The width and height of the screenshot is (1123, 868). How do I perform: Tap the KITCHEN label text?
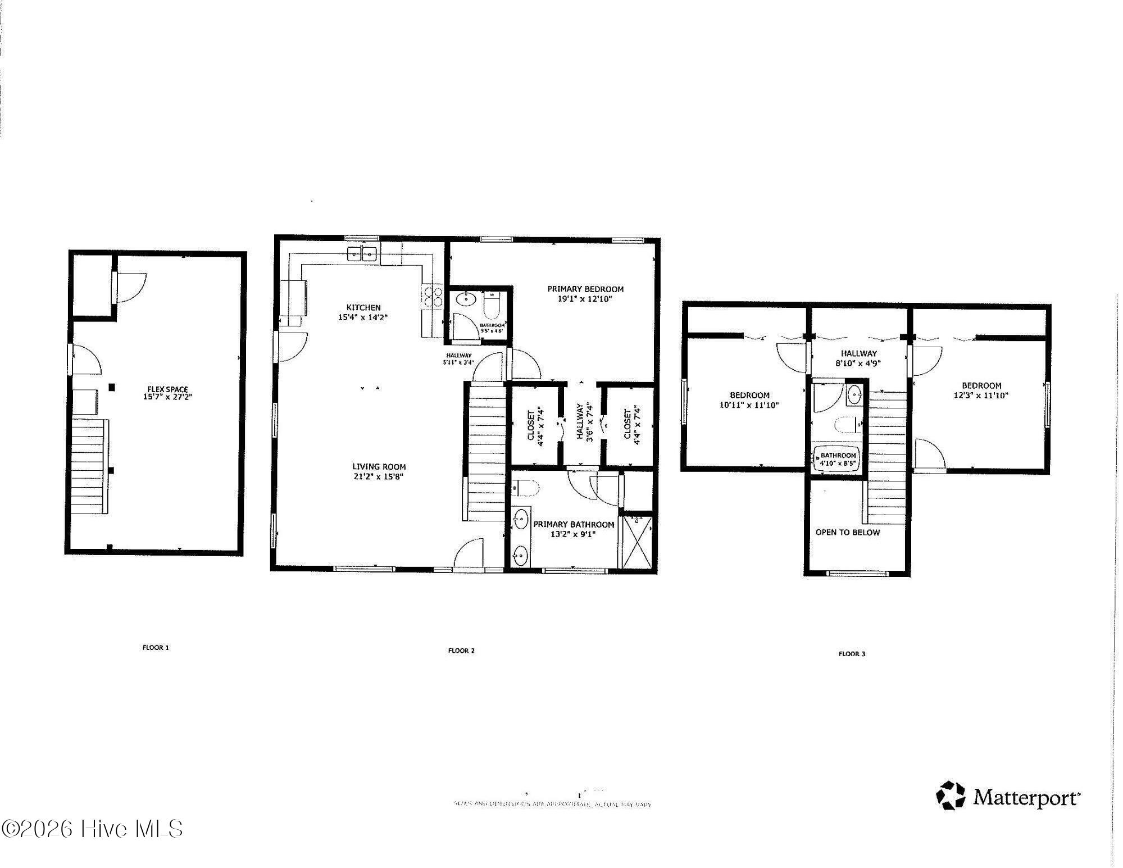pos(363,307)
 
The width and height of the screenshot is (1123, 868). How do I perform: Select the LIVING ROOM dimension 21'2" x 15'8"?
pos(379,476)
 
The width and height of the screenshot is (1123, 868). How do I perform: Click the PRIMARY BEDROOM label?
pos(585,289)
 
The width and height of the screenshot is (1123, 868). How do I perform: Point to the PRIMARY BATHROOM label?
pos(574,524)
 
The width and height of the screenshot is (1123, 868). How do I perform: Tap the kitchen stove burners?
pos(431,297)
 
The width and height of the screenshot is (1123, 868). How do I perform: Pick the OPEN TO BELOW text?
pos(847,532)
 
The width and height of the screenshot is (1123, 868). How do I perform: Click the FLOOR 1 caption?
pos(156,647)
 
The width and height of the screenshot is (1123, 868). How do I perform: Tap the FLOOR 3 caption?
pos(852,653)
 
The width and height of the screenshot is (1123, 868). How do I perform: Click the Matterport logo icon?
pos(950,795)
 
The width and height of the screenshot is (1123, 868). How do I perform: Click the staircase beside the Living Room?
pos(487,449)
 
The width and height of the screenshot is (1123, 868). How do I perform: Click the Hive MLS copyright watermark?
pos(93,829)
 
